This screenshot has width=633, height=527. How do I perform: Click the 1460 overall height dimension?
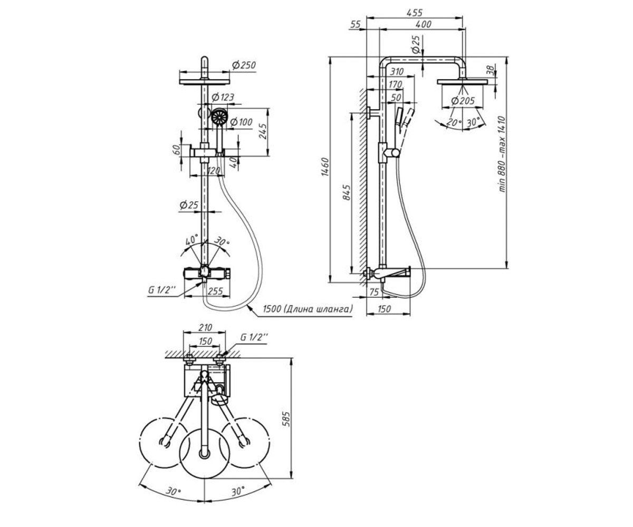point(325,167)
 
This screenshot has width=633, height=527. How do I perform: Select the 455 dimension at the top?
point(414,13)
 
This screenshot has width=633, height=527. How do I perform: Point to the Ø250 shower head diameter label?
point(244,65)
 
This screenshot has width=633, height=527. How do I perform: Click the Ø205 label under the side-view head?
point(463,101)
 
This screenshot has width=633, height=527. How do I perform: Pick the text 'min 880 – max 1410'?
point(502,154)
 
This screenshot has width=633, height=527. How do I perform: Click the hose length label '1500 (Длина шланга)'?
point(308,309)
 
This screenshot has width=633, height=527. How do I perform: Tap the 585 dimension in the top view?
point(286,419)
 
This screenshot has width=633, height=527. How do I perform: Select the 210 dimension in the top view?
point(205,327)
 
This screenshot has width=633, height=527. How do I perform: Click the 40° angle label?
point(191,240)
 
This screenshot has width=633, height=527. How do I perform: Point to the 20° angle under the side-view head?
point(454,123)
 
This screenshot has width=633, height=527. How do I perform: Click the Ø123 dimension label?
point(223,97)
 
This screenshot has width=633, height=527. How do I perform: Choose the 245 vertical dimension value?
point(263,131)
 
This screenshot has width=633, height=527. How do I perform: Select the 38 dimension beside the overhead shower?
point(490,71)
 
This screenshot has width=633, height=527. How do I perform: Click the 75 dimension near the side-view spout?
point(375,292)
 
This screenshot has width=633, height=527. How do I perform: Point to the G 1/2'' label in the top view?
point(254,337)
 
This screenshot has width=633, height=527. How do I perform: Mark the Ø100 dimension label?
point(241,122)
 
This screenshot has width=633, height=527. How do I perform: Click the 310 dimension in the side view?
point(397,72)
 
